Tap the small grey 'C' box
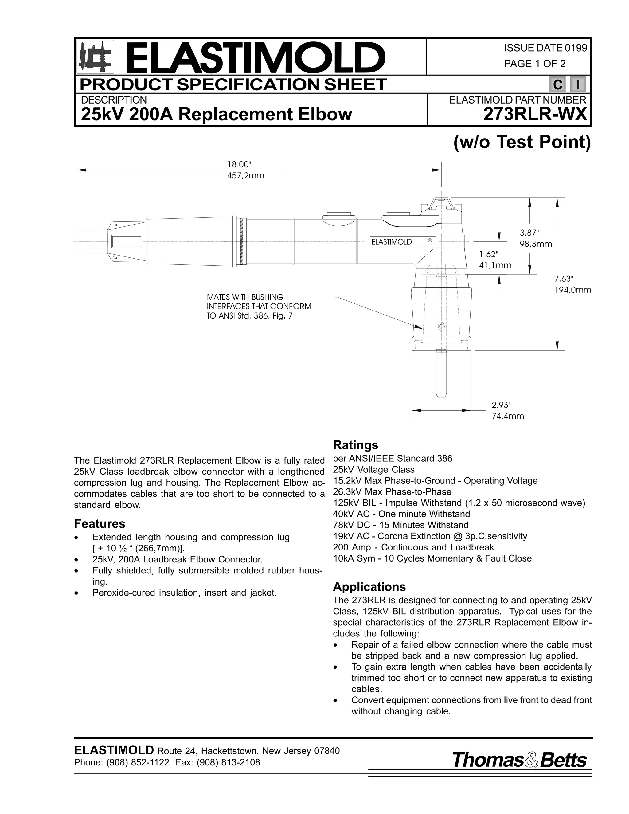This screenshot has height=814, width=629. click(x=557, y=85)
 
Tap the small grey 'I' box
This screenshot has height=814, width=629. click(x=578, y=85)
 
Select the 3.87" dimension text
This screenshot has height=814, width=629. click(x=529, y=233)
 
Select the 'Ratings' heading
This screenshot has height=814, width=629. click(x=355, y=445)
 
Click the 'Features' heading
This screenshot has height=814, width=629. click(x=100, y=524)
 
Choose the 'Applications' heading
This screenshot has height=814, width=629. click(x=369, y=587)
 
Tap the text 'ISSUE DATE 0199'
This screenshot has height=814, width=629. click(x=545, y=48)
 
